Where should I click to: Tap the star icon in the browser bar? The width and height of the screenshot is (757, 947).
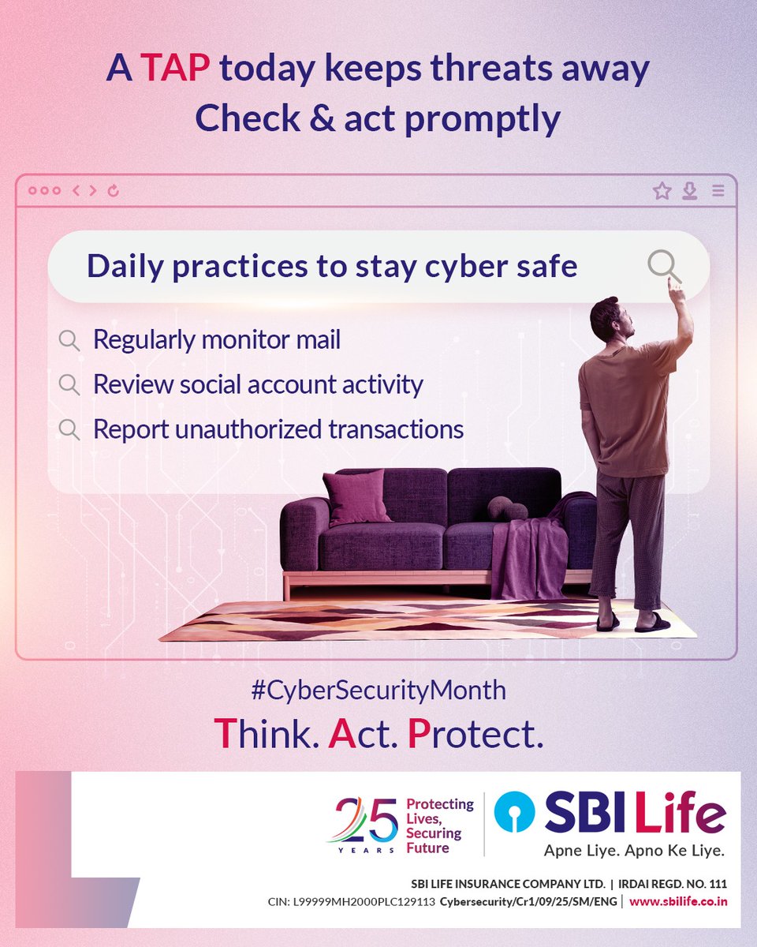point(662,191)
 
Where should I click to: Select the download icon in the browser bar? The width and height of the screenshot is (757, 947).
point(690,191)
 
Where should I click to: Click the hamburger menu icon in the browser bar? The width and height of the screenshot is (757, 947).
point(718,191)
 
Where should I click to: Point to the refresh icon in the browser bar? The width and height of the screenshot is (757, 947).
point(113,191)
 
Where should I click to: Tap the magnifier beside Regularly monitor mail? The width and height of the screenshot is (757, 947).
point(69,341)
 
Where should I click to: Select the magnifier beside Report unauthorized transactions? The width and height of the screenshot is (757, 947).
point(69,429)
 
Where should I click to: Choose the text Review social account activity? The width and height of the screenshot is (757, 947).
point(258,385)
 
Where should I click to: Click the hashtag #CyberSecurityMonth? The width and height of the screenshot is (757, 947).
point(378,691)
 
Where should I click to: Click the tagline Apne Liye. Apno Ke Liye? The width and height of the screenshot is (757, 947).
point(634,852)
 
